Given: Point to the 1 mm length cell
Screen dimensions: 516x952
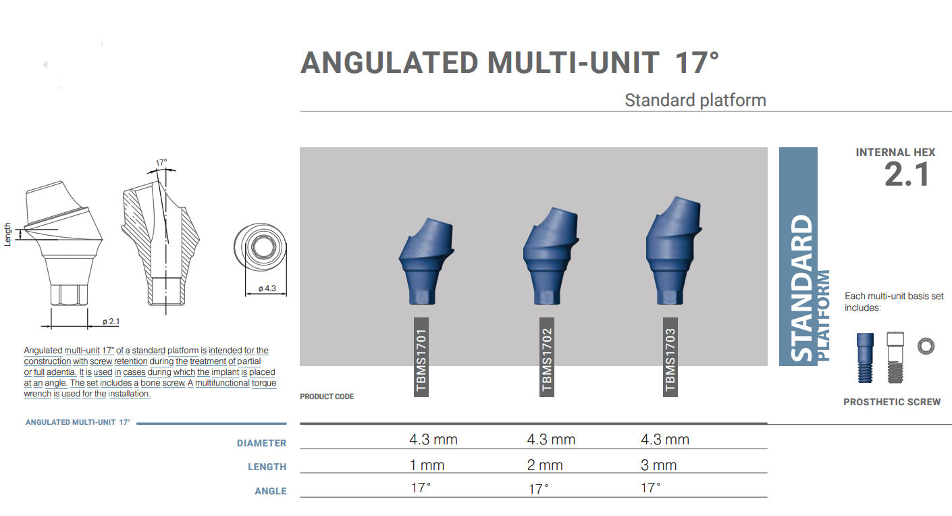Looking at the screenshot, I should point(427,465).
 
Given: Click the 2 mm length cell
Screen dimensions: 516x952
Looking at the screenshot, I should point(545,465).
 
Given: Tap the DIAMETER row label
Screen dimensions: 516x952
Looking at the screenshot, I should point(261,444).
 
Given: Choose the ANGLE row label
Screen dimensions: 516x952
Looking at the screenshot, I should point(270,491).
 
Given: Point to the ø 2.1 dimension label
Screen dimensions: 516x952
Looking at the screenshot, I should point(111,321).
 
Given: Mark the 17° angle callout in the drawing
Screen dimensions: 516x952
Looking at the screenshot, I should point(161,163).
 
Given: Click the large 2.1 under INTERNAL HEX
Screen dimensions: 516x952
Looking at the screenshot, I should point(907,175).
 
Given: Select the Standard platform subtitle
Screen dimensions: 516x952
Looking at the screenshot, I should point(695,101).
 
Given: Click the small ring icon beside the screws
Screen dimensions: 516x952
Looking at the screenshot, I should point(925,346).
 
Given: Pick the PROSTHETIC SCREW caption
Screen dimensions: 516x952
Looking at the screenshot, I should point(891,402).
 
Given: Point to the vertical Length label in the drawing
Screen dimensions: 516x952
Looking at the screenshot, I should point(8,234).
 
